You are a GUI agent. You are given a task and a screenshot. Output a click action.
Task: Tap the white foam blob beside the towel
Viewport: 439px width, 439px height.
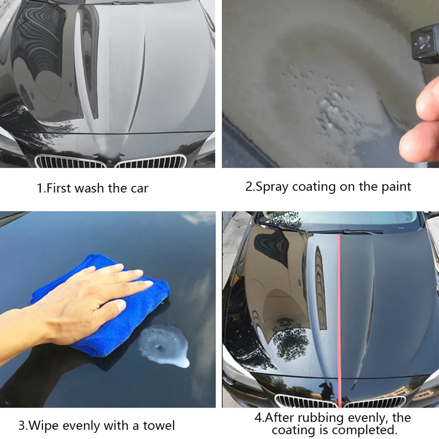point(165,345)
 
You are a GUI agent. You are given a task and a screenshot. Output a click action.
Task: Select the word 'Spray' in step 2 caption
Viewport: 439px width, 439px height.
point(272,187)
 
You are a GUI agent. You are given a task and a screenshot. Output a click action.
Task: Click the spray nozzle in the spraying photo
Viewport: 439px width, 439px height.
point(425,44)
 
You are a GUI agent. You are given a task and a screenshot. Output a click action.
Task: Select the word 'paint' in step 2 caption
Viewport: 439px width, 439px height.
point(394,187)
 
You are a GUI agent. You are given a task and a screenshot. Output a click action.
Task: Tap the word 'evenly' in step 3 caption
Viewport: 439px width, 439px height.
point(83,425)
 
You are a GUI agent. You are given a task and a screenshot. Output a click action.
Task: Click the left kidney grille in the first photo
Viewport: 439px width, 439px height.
point(70,162)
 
